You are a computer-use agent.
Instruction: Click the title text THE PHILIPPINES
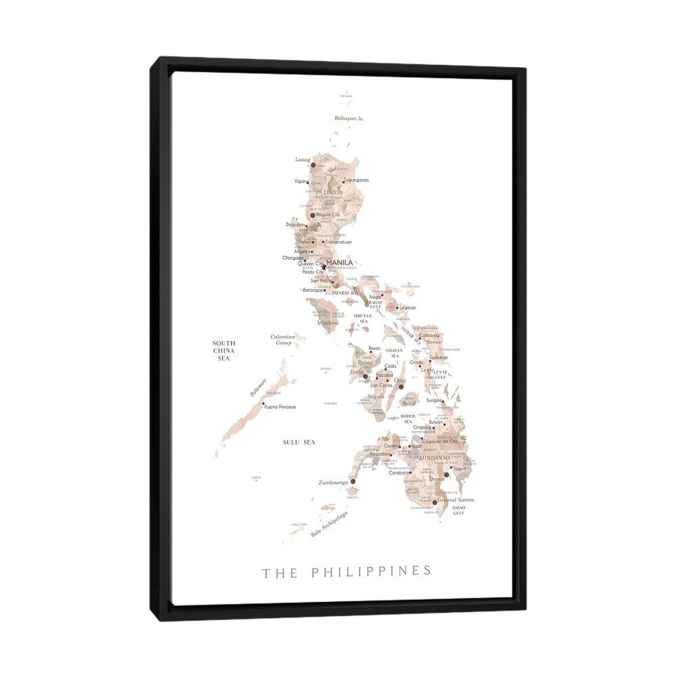pyautogui.click(x=346, y=571)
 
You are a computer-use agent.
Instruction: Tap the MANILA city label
pyautogui.click(x=339, y=263)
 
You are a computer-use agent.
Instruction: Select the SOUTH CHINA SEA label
pyautogui.click(x=223, y=351)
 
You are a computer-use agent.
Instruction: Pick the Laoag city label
pyautogui.click(x=302, y=160)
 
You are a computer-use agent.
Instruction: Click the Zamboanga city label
pyautogui.click(x=332, y=483)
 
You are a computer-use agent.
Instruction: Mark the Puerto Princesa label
pyautogui.click(x=280, y=407)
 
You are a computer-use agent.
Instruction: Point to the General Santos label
pyautogui.click(x=456, y=500)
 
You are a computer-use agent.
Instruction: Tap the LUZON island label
pyautogui.click(x=334, y=192)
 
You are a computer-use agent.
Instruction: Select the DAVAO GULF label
pyautogui.click(x=459, y=510)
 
